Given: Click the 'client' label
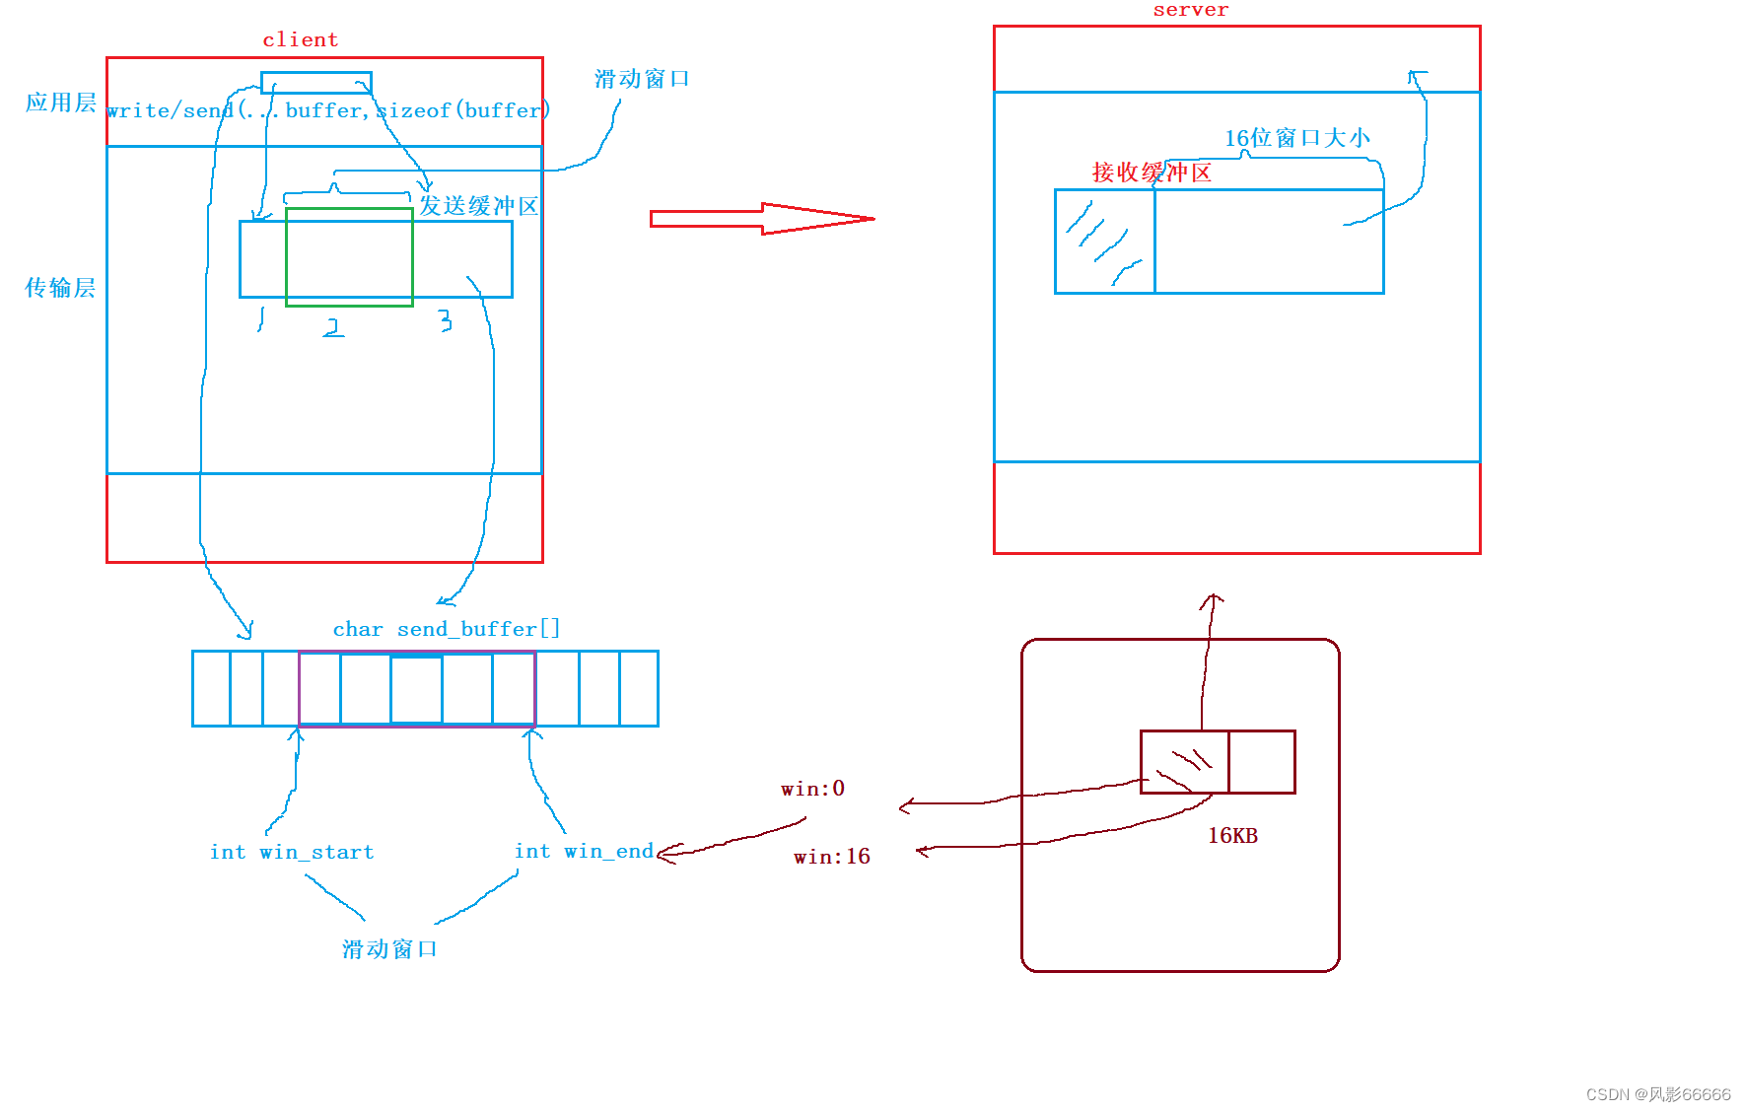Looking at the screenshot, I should (x=300, y=40).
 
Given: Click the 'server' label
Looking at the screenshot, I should (x=1190, y=10).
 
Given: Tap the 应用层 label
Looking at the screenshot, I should (x=60, y=103).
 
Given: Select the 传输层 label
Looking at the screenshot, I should (x=60, y=288).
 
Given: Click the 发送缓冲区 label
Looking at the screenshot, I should (x=479, y=206).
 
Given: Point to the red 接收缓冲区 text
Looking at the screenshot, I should (x=1152, y=173).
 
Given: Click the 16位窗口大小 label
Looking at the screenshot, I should (x=1296, y=138).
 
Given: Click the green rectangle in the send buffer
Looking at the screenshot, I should (x=349, y=257).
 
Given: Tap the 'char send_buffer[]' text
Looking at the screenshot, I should (x=446, y=629).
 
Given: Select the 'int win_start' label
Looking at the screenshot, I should (x=292, y=852).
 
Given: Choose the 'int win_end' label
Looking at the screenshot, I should (x=584, y=851).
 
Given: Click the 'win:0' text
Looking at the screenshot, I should (x=812, y=789).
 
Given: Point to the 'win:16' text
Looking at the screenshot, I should (x=831, y=857).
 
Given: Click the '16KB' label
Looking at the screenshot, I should (x=1232, y=836).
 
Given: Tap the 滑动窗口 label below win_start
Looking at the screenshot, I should (x=389, y=949).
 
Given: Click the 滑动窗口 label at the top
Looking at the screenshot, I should (x=642, y=79).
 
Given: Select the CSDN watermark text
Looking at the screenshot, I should (x=1657, y=1094).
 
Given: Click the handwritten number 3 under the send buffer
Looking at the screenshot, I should (x=446, y=320).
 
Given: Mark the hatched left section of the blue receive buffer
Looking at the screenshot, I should (x=1104, y=242).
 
